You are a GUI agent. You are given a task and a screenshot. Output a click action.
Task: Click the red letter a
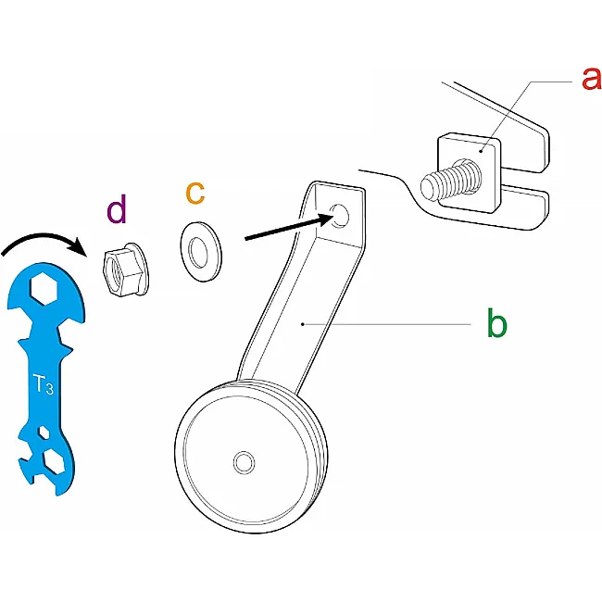tap(592, 79)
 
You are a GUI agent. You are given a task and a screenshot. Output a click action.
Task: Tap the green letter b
tap(496, 323)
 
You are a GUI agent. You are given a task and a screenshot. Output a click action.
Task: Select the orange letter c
tap(195, 194)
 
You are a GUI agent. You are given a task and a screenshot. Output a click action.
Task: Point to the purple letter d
tap(117, 209)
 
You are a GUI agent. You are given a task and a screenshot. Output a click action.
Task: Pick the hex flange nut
tap(126, 270)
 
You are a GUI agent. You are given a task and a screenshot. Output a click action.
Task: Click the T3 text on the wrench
tap(43, 384)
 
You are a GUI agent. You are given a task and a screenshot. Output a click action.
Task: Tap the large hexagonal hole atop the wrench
tap(44, 289)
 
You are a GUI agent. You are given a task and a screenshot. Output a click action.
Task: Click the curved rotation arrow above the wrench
tap(43, 236)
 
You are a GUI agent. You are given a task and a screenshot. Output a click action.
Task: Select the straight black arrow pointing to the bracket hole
tap(288, 228)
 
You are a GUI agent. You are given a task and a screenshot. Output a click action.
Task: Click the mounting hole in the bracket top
tap(340, 216)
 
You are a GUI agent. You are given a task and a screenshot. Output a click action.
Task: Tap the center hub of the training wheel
tap(244, 463)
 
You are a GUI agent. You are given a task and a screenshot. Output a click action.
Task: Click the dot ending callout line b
tap(303, 324)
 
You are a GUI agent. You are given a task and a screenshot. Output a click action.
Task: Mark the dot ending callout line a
tap(482, 151)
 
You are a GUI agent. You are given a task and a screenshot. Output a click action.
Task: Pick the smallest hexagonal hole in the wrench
tap(44, 433)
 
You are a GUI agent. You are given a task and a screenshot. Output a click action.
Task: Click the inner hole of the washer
tap(199, 253)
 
